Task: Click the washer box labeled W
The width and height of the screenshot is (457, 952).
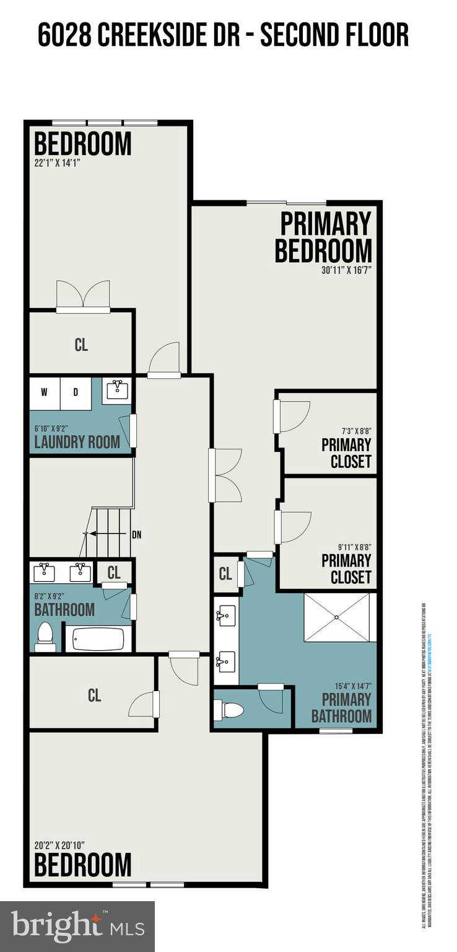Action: [x=45, y=393]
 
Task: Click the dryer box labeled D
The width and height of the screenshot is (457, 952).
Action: [x=76, y=393]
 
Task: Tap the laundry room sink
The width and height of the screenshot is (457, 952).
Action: [x=117, y=390]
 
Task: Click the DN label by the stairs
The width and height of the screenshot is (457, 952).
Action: [x=136, y=534]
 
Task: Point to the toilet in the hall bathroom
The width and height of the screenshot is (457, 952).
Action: [x=45, y=636]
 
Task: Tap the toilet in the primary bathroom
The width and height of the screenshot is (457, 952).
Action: [x=230, y=709]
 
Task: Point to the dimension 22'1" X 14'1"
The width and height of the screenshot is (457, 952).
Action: [x=58, y=163]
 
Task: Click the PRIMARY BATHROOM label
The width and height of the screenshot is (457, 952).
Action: [x=341, y=708]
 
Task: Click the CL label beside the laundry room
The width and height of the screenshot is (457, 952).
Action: [x=81, y=345]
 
